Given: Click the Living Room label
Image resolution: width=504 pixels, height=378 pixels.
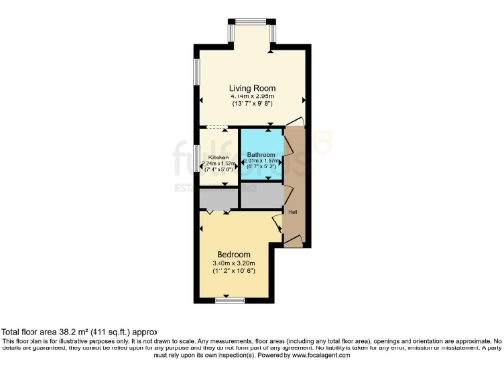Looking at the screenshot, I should click(251, 88).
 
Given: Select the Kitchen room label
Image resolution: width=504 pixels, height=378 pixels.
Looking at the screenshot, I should click(219, 157).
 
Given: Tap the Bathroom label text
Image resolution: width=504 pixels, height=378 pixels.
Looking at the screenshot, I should click(261, 155).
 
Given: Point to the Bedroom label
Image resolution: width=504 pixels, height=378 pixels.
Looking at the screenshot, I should click(233, 254).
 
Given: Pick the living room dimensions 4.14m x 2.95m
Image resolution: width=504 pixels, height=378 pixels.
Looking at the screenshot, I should click(251, 96).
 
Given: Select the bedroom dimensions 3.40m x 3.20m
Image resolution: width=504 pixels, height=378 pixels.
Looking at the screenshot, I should click(233, 263).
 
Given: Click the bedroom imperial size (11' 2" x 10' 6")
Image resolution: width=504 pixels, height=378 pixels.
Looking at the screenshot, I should click(233, 272).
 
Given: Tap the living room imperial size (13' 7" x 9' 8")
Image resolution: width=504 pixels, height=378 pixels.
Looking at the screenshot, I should click(251, 104).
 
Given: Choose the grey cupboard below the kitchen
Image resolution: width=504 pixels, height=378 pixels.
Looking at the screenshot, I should click(219, 198).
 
